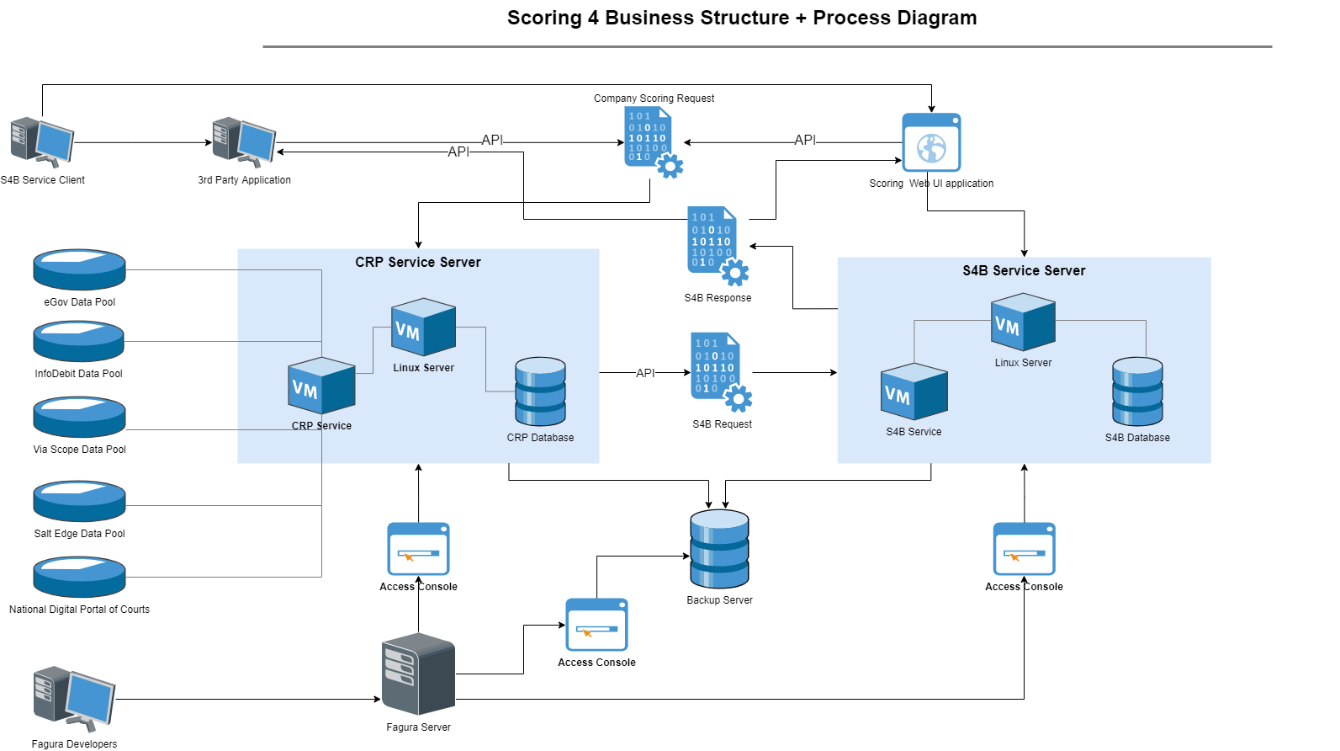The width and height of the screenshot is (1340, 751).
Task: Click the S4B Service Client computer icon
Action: pyautogui.click(x=42, y=141)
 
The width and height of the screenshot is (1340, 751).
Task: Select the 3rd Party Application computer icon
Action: pyautogui.click(x=244, y=141)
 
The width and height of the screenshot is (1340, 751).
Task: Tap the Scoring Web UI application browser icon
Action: pyautogui.click(x=931, y=142)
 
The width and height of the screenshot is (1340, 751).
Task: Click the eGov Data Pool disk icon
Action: pyautogui.click(x=79, y=269)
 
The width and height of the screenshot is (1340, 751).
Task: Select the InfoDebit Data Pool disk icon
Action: pyautogui.click(x=78, y=341)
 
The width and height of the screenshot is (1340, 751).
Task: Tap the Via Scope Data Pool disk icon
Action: pyautogui.click(x=79, y=417)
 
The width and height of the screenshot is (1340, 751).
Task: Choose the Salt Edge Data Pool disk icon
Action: pyautogui.click(x=79, y=501)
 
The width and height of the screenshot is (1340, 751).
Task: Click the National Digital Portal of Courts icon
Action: pyautogui.click(x=79, y=577)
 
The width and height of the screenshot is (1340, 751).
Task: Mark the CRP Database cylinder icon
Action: pyautogui.click(x=540, y=391)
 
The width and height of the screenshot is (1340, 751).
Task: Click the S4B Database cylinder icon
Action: pyautogui.click(x=1137, y=391)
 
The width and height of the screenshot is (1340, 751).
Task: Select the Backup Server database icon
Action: pyautogui.click(x=719, y=549)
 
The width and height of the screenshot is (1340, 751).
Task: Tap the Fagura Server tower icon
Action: pyautogui.click(x=418, y=674)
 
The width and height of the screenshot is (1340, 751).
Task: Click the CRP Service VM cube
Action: pyautogui.click(x=321, y=386)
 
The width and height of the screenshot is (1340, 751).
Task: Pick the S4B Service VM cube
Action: pyautogui.click(x=914, y=392)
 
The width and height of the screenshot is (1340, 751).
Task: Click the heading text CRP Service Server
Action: pyautogui.click(x=418, y=263)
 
